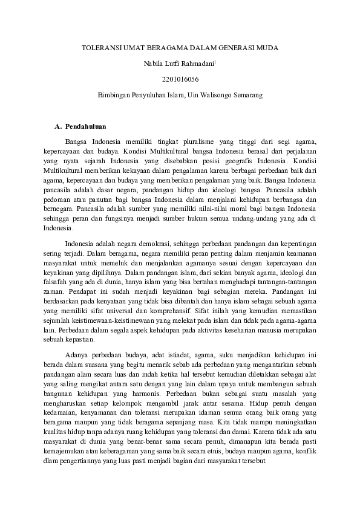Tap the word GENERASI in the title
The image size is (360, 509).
pos(235,47)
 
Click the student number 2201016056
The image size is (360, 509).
pos(180,79)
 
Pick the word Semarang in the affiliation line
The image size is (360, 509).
pos(249,95)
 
